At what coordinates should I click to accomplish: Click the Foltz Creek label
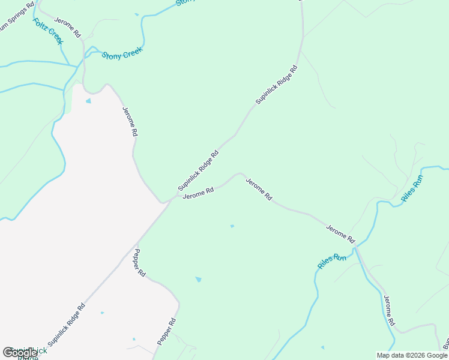pos(47,31)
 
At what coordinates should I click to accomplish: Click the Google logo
pos(20,353)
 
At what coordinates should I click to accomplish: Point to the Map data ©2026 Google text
pos(412,355)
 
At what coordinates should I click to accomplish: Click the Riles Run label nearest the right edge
pos(412,188)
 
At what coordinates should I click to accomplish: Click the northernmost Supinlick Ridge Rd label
pos(277,85)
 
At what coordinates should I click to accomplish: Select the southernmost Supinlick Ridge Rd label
pos(67,325)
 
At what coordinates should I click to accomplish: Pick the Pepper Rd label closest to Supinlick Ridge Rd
pos(140,262)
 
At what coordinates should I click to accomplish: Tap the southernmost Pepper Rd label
pos(166,331)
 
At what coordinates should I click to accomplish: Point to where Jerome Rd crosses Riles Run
pos(355,245)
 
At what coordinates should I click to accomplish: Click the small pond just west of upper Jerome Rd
pos(89,101)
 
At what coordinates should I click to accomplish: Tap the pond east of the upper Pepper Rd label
pos(198,279)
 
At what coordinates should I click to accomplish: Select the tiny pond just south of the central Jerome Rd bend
pos(232,226)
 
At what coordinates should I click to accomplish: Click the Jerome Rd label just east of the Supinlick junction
pos(198,193)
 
